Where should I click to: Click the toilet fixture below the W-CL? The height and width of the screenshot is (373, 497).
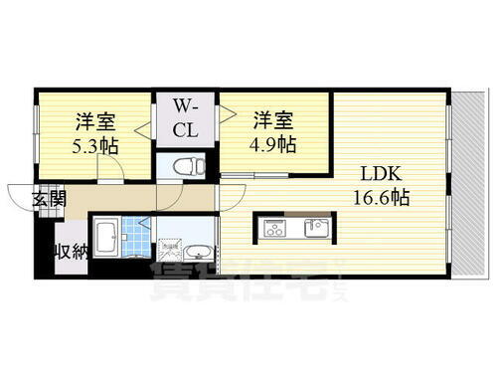187,165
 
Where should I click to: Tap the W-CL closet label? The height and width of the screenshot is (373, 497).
187,117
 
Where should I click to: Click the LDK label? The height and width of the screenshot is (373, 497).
380,172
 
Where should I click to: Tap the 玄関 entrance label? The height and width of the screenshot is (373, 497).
49,198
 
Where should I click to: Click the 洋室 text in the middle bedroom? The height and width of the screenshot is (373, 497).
272,120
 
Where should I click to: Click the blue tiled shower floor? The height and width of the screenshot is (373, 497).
145,242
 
